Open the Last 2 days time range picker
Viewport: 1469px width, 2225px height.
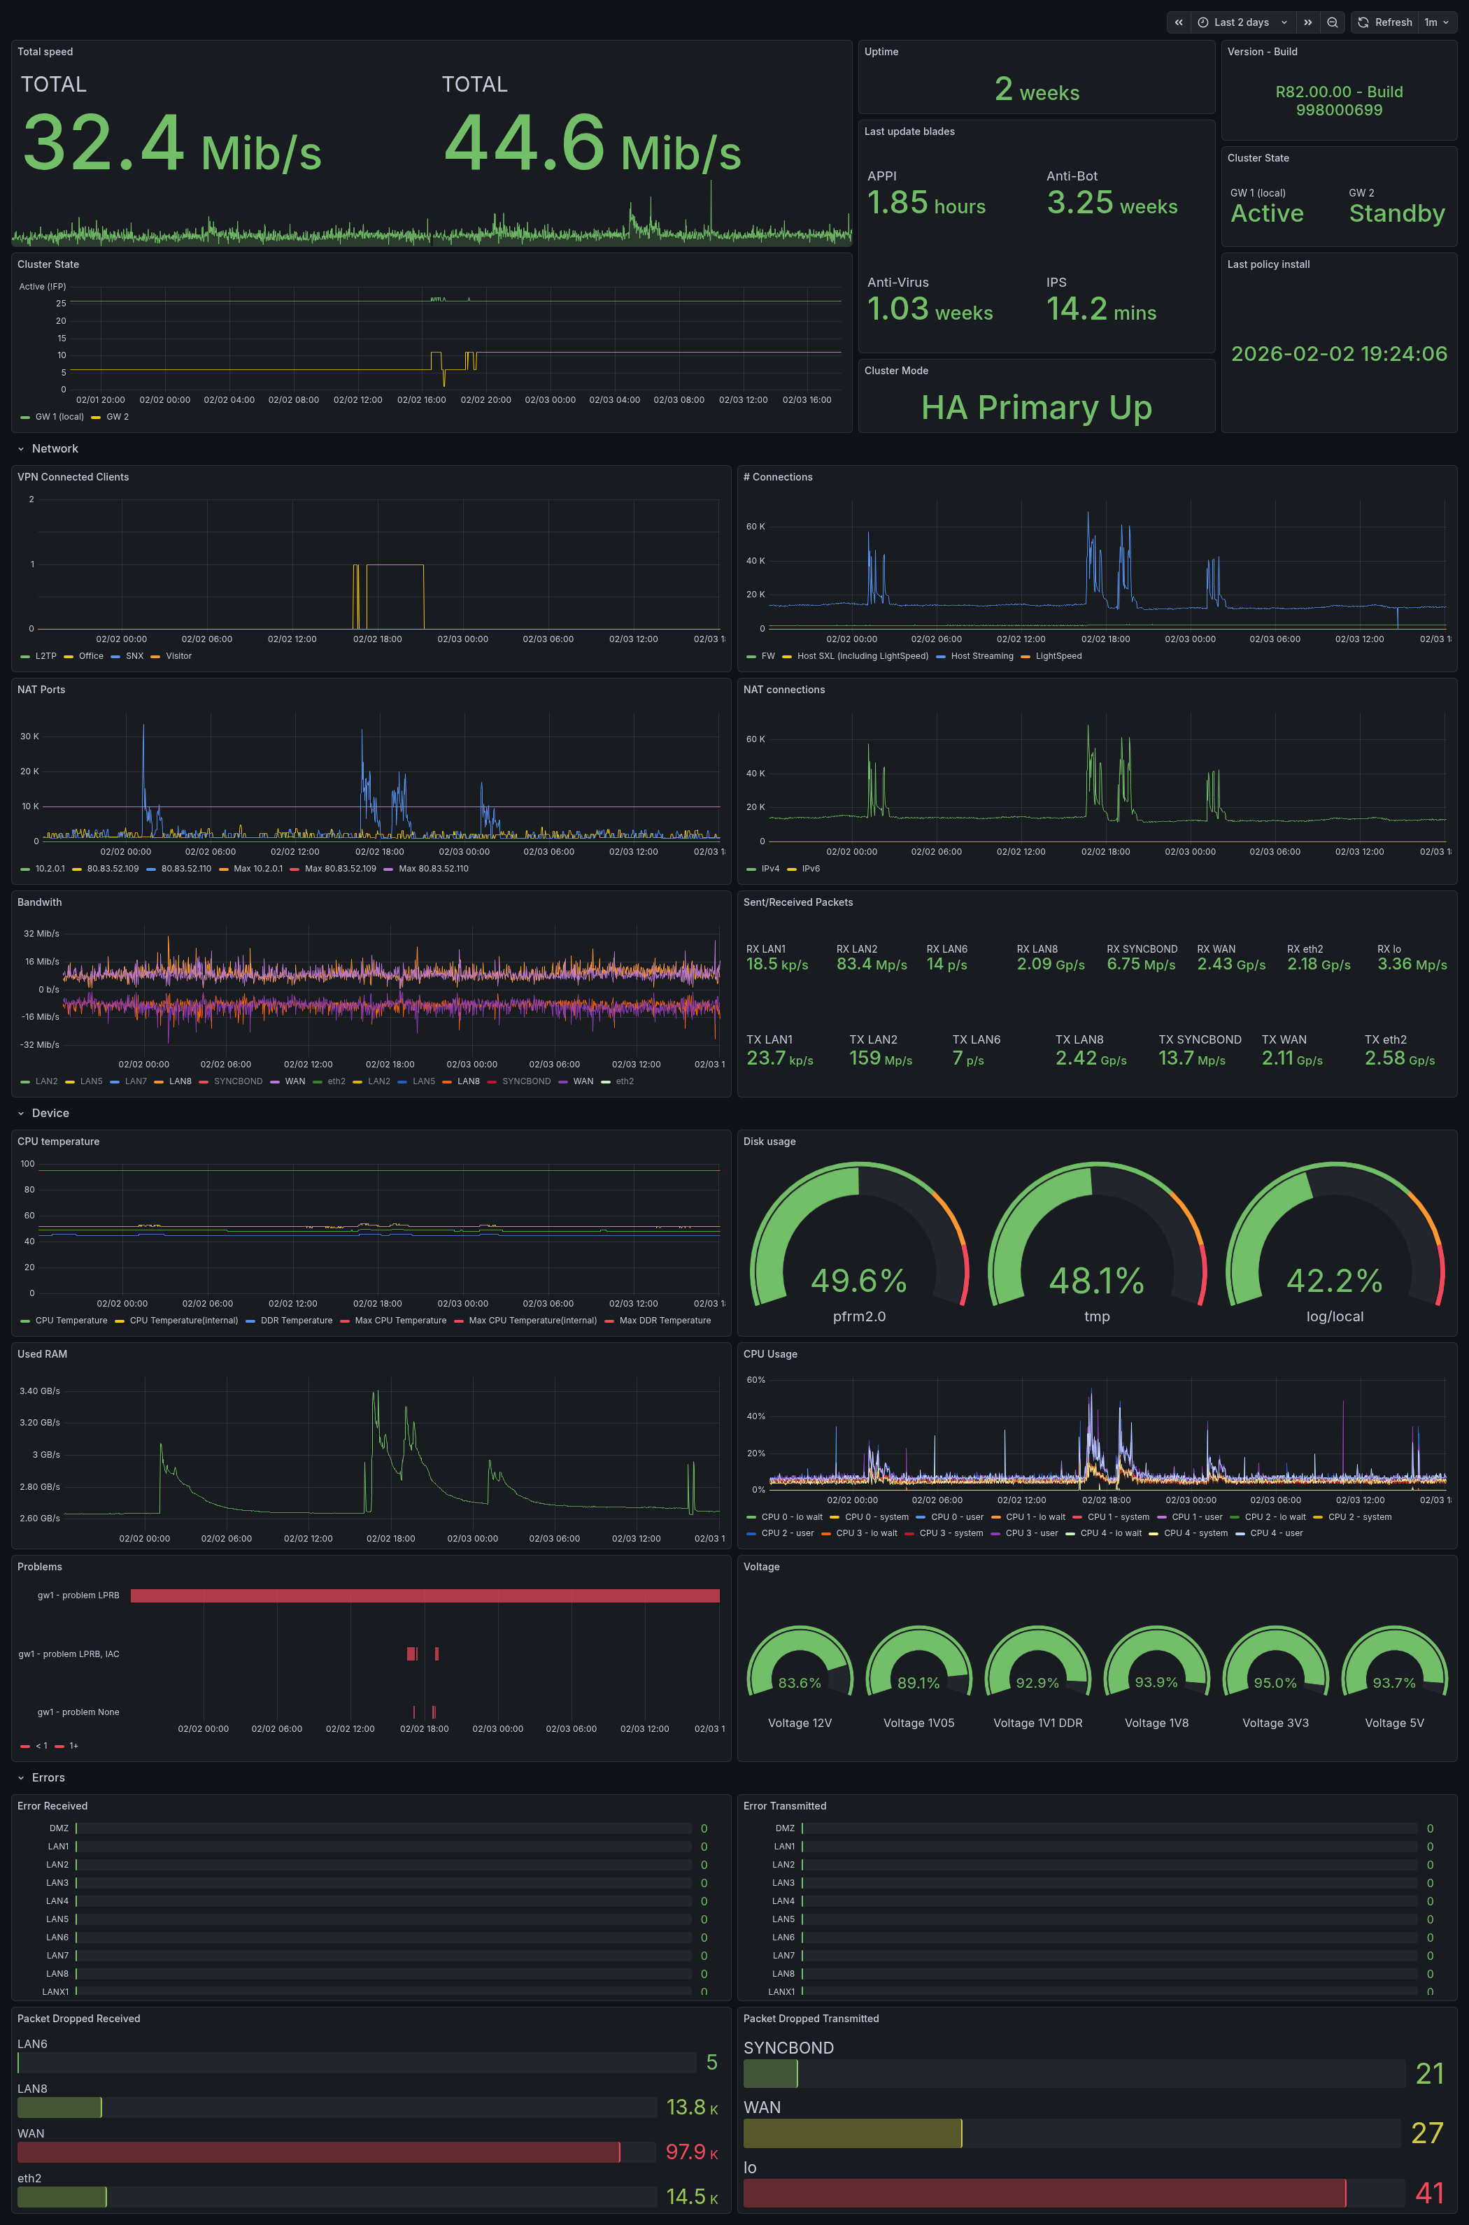[1242, 22]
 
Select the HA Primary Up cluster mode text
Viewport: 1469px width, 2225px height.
[1036, 408]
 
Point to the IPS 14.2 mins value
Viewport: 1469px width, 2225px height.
[1101, 309]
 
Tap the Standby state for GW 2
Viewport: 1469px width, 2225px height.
[1396, 213]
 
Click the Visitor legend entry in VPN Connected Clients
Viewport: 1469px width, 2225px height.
[178, 656]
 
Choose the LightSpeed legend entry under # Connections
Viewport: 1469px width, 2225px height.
[1058, 656]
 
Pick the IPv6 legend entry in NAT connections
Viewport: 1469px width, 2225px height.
[810, 869]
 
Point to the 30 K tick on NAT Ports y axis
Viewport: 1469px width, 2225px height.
[30, 737]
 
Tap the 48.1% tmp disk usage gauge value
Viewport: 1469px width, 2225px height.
[1096, 1281]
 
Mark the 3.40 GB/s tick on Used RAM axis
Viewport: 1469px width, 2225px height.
[39, 1391]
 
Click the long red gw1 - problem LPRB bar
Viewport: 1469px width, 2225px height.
[425, 1595]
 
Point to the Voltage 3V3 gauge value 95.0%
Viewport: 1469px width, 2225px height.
[1275, 1684]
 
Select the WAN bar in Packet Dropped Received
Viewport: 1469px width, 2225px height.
[318, 2152]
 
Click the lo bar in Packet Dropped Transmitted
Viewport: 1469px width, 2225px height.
[1044, 2192]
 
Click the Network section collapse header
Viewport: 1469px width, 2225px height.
[55, 449]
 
